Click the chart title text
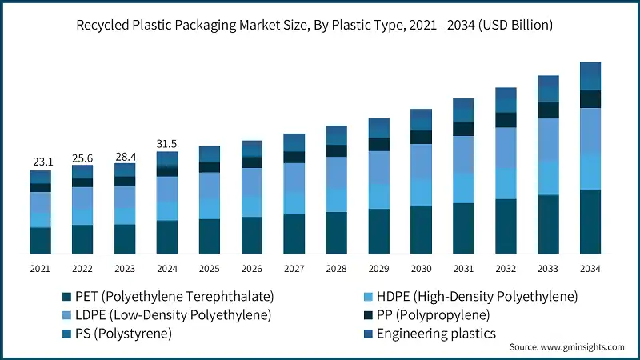320,25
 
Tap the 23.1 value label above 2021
40,162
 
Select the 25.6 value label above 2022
82,157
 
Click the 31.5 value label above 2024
167,143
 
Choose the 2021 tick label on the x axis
40,268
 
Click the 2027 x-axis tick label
294,268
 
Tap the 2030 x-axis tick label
421,268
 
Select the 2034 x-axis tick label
590,268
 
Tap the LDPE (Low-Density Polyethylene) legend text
173,315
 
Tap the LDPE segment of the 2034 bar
590,131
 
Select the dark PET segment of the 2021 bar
40,241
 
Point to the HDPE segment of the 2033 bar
547,178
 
